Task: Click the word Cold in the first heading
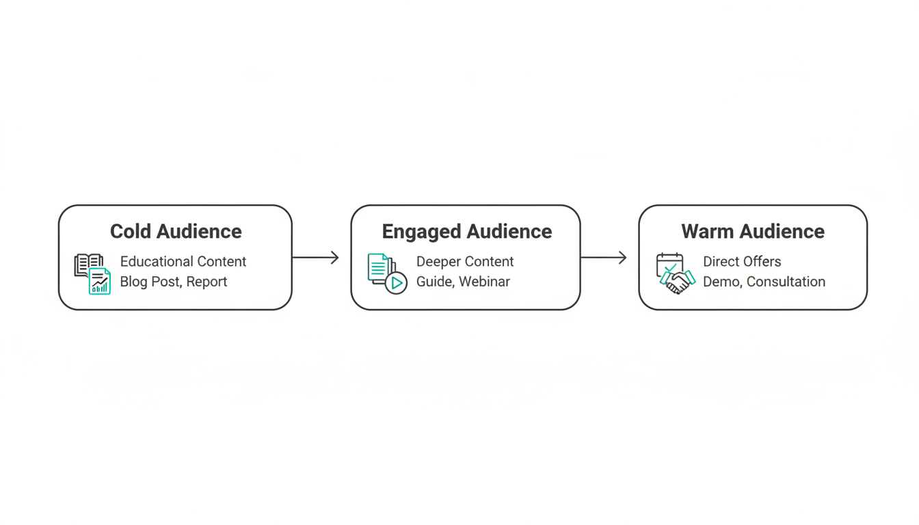click(x=131, y=231)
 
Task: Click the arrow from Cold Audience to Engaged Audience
click(x=315, y=258)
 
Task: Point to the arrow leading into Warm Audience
click(x=604, y=258)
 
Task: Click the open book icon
click(x=88, y=264)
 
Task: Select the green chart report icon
click(x=100, y=281)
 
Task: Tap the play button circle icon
click(x=396, y=283)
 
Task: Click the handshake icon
click(x=678, y=282)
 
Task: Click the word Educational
click(x=157, y=261)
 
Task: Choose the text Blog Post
click(x=151, y=282)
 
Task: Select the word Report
click(x=207, y=282)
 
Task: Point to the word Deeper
click(x=438, y=262)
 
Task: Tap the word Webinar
click(x=484, y=282)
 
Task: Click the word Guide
click(x=436, y=282)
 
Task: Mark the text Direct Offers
click(x=742, y=261)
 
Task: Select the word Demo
click(x=723, y=282)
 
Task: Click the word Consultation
click(x=786, y=282)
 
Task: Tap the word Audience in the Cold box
click(x=199, y=231)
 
